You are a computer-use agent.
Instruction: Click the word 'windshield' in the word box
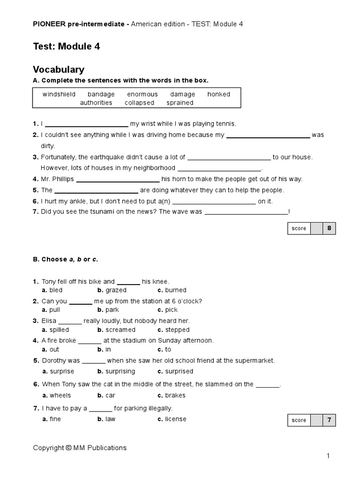(x=59, y=94)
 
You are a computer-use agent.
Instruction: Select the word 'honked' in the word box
(x=218, y=94)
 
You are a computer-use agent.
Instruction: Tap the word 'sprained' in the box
(x=180, y=103)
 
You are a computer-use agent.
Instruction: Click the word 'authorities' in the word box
(x=96, y=103)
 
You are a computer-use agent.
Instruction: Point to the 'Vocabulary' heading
(x=59, y=69)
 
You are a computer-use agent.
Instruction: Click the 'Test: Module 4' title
(x=66, y=46)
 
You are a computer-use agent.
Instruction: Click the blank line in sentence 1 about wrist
(x=86, y=125)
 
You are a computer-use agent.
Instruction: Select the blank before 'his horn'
(x=118, y=180)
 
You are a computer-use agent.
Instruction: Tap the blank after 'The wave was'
(x=246, y=212)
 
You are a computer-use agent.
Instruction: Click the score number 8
(x=329, y=228)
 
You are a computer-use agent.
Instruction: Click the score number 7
(x=329, y=420)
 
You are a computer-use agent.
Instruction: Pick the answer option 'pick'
(x=171, y=310)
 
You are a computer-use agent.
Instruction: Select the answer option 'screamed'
(x=120, y=330)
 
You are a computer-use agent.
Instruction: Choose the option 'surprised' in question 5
(x=179, y=371)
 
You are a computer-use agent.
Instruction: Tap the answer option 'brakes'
(x=175, y=395)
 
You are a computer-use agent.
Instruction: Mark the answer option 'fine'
(x=55, y=419)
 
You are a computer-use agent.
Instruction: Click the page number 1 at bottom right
(x=329, y=456)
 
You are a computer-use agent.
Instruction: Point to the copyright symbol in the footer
(x=68, y=448)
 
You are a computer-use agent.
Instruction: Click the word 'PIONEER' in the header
(x=48, y=24)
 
